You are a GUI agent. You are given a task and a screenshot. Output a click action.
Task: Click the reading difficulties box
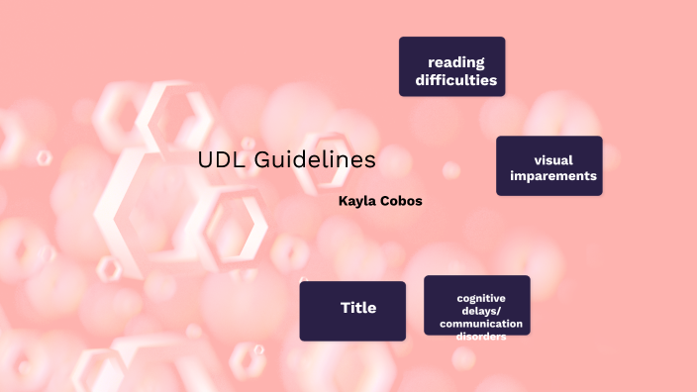[451, 66]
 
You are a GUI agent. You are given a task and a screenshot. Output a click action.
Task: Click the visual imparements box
[548, 166]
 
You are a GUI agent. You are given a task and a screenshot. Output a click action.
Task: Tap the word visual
[553, 159]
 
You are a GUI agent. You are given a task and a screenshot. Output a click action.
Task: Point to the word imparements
[553, 176]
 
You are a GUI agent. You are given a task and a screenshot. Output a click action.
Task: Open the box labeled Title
[352, 311]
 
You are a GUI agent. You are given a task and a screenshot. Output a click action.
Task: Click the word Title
[358, 308]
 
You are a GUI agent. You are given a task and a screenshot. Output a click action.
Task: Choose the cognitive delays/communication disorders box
[477, 306]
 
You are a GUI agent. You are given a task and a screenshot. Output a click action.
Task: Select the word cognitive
[481, 298]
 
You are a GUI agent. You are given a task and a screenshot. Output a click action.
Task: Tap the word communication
[481, 324]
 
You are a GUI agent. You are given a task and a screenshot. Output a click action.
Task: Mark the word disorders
[481, 337]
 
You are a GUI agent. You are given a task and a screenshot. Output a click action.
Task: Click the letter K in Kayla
[343, 201]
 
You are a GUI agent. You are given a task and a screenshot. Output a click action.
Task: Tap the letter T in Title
[345, 308]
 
